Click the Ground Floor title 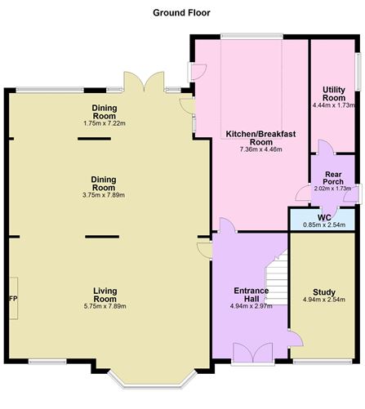[181, 13]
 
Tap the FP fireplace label [13, 299]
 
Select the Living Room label [105, 295]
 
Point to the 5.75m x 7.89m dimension [105, 306]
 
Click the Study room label [324, 292]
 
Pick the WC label [324, 218]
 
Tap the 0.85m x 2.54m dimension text [324, 225]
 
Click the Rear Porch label [333, 178]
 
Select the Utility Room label [334, 94]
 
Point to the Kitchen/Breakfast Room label [260, 138]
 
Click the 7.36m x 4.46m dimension [260, 149]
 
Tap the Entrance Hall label [251, 295]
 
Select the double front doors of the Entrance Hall [253, 353]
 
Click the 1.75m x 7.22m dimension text [105, 123]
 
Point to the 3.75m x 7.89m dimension [104, 195]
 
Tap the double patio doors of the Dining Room [144, 82]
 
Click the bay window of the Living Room [153, 384]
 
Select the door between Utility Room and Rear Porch [326, 147]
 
